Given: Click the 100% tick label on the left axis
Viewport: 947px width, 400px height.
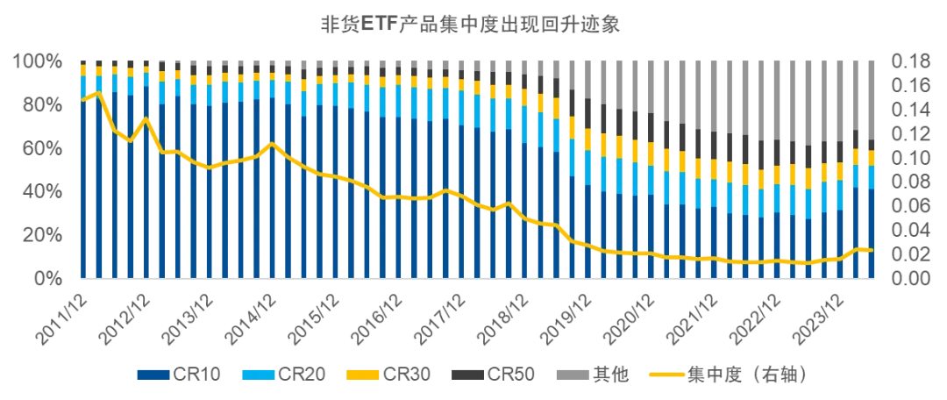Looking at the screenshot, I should [36, 61].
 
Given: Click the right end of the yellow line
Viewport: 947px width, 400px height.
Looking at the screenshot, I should [872, 250].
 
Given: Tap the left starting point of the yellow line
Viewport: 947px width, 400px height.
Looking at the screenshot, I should [82, 101].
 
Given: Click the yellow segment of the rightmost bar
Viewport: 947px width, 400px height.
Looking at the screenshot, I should [872, 157].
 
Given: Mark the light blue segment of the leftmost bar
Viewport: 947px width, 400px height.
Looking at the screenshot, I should [82, 84].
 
